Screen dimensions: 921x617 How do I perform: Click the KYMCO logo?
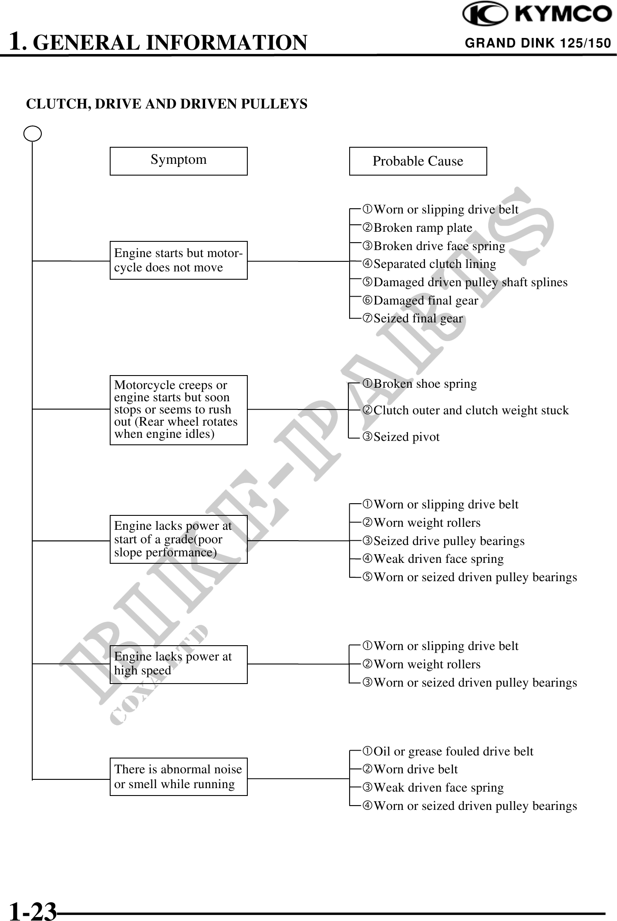pyautogui.click(x=537, y=14)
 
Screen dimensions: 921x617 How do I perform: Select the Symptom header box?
pyautogui.click(x=179, y=161)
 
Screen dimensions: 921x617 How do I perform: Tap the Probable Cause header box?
pyautogui.click(x=418, y=161)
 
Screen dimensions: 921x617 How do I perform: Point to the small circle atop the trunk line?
pyautogui.click(x=33, y=134)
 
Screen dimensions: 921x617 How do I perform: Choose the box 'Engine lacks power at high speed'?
pyautogui.click(x=179, y=664)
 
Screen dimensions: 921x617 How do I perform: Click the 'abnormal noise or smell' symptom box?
pyautogui.click(x=179, y=777)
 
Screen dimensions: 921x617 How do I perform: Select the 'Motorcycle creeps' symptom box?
pyautogui.click(x=179, y=410)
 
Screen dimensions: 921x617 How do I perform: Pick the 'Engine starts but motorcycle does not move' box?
pyautogui.click(x=179, y=260)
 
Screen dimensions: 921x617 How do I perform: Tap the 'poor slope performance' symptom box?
pyautogui.click(x=179, y=539)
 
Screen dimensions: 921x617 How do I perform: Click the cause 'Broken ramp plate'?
pyautogui.click(x=423, y=228)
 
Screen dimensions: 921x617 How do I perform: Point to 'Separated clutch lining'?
pyautogui.click(x=435, y=264)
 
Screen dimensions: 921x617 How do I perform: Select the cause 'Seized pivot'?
pyautogui.click(x=406, y=437)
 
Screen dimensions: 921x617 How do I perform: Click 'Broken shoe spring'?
pyautogui.click(x=425, y=384)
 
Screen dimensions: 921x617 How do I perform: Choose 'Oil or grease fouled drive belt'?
pyautogui.click(x=453, y=751)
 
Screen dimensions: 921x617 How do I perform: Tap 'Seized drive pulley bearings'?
pyautogui.click(x=449, y=541)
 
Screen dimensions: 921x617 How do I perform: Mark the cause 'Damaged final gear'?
pyautogui.click(x=426, y=301)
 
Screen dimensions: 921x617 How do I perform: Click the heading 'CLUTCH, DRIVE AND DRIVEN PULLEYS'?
pyautogui.click(x=167, y=104)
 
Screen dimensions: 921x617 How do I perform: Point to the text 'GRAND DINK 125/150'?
pyautogui.click(x=538, y=43)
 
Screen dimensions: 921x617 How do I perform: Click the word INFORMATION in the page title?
pyautogui.click(x=226, y=43)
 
